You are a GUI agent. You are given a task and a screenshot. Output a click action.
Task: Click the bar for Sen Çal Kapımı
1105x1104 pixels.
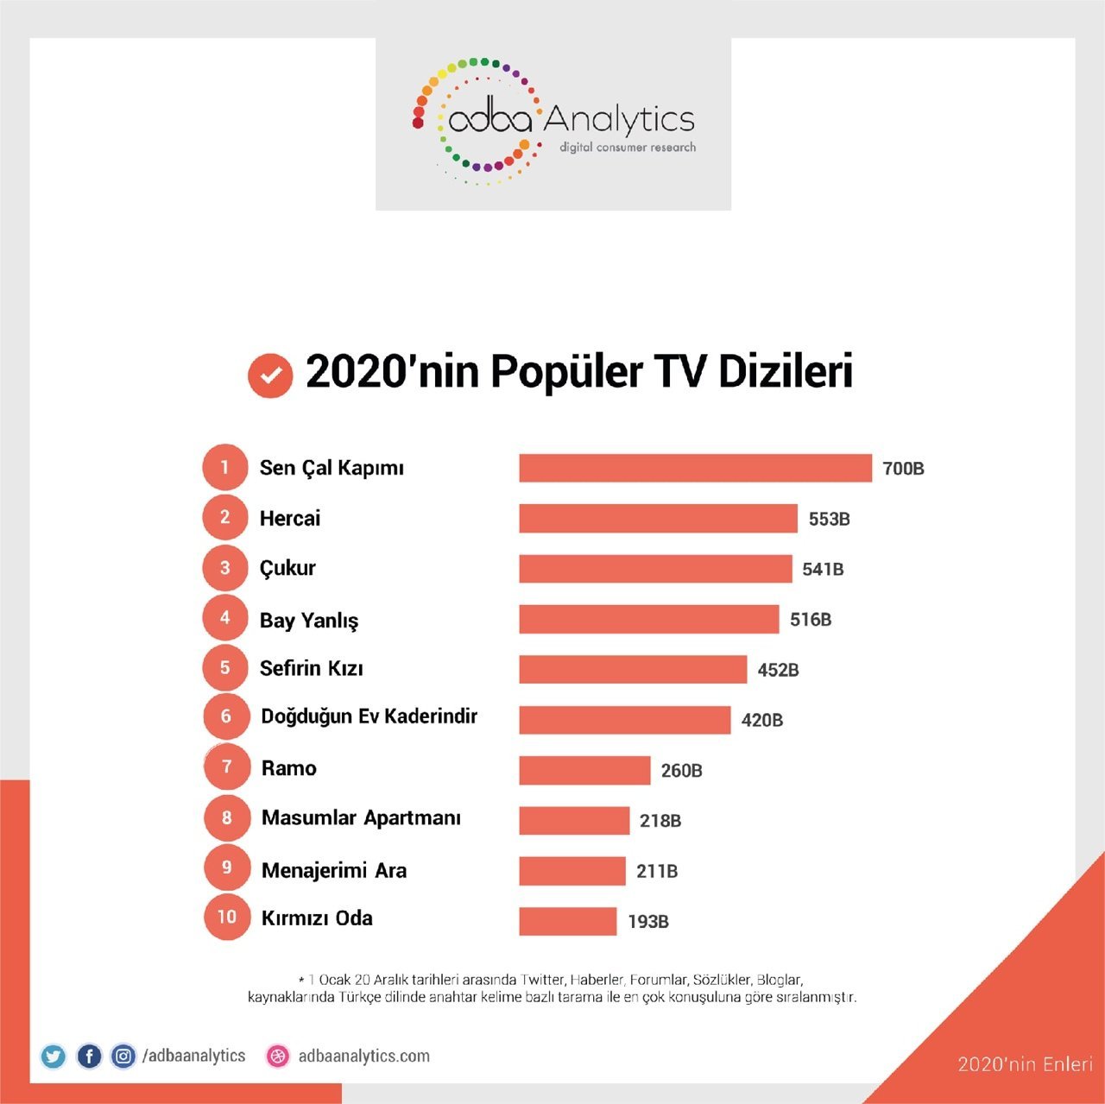(695, 468)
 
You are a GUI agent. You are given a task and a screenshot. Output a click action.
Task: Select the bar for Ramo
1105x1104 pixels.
(584, 770)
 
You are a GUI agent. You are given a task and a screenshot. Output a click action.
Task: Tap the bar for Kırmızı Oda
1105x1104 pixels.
(567, 921)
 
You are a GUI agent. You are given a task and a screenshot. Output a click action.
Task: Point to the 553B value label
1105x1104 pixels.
(829, 519)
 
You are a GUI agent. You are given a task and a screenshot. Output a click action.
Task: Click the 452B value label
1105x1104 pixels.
(778, 670)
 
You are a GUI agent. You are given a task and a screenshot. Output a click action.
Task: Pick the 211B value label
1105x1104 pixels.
(657, 871)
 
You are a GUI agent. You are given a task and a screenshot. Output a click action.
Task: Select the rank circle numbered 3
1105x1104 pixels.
(225, 568)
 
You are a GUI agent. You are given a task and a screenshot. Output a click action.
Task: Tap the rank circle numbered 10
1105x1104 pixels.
(226, 917)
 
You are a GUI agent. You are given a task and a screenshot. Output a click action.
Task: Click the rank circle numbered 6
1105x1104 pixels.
(226, 716)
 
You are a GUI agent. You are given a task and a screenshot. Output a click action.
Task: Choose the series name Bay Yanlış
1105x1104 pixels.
(309, 620)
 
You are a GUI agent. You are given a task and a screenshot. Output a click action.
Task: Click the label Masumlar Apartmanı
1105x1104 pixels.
(361, 818)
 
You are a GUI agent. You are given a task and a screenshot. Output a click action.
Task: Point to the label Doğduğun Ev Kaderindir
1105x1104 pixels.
(369, 716)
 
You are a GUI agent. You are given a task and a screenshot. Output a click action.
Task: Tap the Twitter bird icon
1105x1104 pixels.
(53, 1056)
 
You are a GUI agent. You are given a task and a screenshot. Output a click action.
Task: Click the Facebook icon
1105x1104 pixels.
(89, 1056)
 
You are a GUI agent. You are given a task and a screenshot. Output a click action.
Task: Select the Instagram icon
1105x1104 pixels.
(123, 1056)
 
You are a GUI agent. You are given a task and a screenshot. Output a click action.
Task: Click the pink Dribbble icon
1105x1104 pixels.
(278, 1056)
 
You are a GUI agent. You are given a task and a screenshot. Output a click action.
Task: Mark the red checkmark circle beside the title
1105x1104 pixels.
(270, 375)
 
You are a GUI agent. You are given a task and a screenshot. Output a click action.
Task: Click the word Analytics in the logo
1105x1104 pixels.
(619, 119)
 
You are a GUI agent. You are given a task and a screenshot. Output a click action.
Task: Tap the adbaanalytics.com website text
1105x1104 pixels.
(363, 1056)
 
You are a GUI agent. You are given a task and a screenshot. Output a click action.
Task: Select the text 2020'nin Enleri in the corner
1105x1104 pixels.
(1025, 1064)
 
